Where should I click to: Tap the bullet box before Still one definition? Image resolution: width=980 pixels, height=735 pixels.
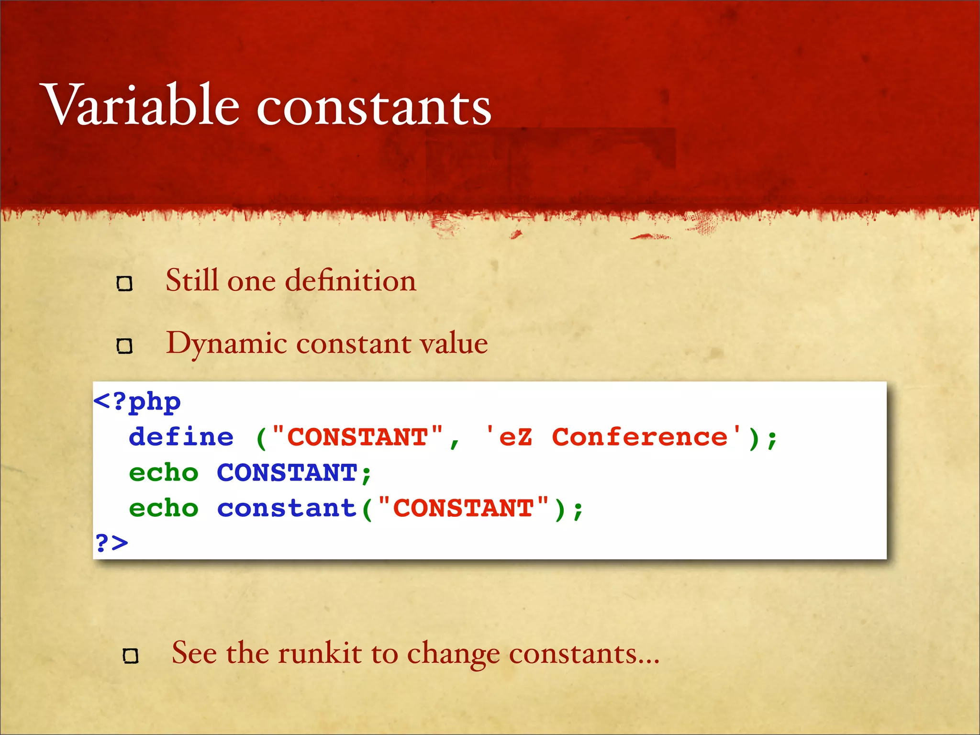coord(124,284)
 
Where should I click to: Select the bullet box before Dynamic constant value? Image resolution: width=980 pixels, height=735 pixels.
coord(124,345)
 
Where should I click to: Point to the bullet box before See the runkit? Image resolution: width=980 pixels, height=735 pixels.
coord(131,656)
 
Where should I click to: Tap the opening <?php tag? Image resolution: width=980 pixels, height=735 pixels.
coord(137,401)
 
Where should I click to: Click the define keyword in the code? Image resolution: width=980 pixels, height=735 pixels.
coord(181,437)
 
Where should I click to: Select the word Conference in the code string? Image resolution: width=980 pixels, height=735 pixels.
coord(639,437)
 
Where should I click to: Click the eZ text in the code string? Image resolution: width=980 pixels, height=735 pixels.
coord(515,437)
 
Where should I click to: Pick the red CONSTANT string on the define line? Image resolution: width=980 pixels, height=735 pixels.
coord(357,437)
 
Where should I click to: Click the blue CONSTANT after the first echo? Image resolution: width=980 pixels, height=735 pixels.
coord(287,473)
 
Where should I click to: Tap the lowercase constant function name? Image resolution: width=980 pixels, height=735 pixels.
coord(287,508)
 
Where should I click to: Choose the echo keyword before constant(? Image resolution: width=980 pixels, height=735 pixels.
coord(164,508)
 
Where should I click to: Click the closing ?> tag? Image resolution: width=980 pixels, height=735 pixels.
coord(112,543)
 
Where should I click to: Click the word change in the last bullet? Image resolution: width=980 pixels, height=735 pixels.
coord(453,654)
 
